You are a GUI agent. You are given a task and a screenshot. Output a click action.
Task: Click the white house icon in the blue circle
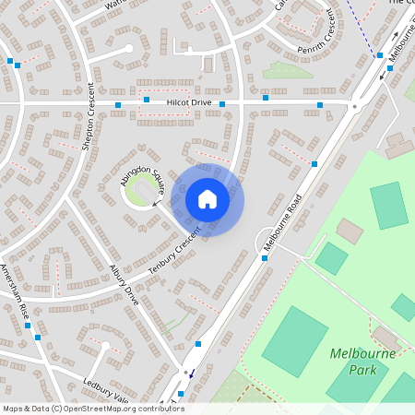pos(207,198)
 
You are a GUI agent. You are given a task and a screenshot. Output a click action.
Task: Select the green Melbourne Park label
pos(362,361)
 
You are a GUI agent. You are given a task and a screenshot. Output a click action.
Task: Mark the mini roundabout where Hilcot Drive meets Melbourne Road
pos(353,105)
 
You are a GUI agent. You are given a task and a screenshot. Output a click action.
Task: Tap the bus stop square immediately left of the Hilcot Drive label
pos(147,99)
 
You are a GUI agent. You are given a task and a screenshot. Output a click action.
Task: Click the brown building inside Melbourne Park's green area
pos(350,230)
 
